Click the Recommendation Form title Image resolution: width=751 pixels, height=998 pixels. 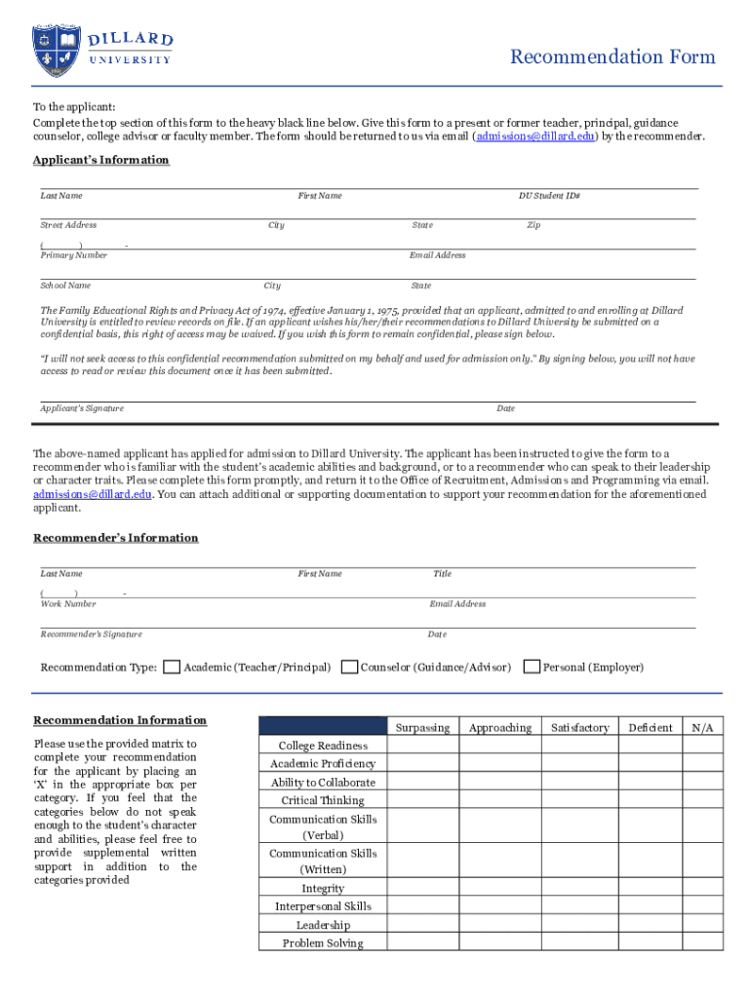pyautogui.click(x=613, y=58)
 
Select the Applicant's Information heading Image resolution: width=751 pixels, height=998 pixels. pyautogui.click(x=100, y=160)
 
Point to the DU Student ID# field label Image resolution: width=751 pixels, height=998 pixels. pyautogui.click(x=549, y=196)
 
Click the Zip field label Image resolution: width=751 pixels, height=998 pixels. pyautogui.click(x=534, y=225)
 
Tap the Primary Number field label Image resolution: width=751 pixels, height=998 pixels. pyautogui.click(x=73, y=255)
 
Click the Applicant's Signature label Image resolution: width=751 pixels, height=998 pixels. pyautogui.click(x=82, y=408)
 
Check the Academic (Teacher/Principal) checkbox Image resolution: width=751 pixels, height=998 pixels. pyautogui.click(x=172, y=668)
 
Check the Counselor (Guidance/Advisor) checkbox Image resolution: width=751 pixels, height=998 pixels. pyautogui.click(x=349, y=668)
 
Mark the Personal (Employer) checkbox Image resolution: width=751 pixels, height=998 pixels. pyautogui.click(x=532, y=668)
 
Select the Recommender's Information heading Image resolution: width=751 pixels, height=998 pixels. pyautogui.click(x=115, y=538)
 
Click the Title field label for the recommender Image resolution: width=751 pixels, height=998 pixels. pyautogui.click(x=442, y=574)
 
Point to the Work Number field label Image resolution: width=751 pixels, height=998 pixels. pyautogui.click(x=68, y=604)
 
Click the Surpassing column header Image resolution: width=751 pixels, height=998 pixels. pyautogui.click(x=422, y=727)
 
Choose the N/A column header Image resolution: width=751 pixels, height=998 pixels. pyautogui.click(x=703, y=727)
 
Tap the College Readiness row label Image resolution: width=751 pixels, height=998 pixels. pyautogui.click(x=323, y=746)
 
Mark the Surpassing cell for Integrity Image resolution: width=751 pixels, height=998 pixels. pyautogui.click(x=422, y=888)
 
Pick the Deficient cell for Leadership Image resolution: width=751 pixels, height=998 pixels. pyautogui.click(x=651, y=924)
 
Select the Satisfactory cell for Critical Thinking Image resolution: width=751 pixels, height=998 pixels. pyautogui.click(x=579, y=800)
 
